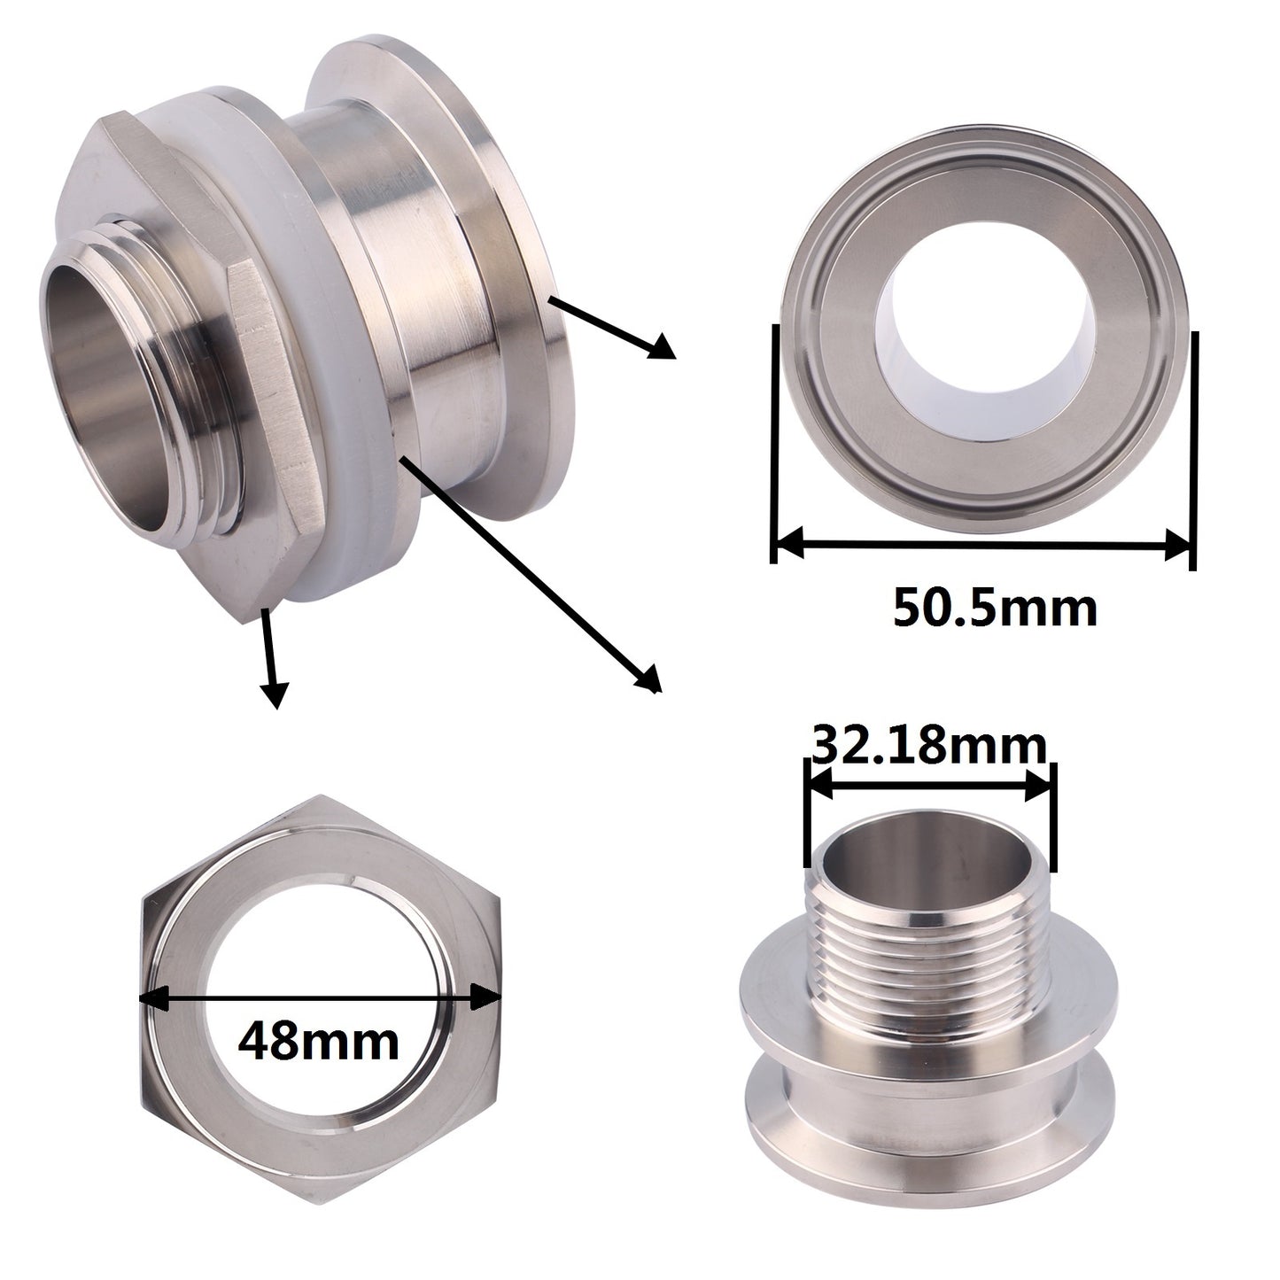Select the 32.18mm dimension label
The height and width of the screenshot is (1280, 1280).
928,748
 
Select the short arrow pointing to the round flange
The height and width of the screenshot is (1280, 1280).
612,328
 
